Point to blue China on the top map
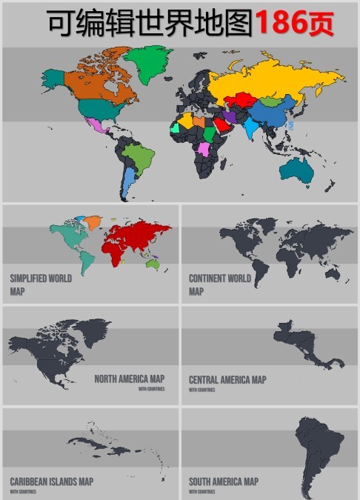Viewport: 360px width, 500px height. tap(270, 115)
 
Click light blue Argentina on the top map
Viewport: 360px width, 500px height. tap(128, 181)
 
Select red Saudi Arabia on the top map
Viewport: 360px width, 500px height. tap(221, 125)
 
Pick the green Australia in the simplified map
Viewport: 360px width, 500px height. tap(153, 263)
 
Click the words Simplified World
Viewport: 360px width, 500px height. tap(41, 279)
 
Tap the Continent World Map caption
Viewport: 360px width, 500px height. tap(220, 284)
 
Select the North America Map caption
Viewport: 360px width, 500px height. tap(129, 379)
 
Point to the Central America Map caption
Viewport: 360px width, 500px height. tap(227, 379)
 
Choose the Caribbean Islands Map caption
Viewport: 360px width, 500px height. tap(52, 481)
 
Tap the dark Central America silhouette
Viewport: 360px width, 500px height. tap(304, 348)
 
